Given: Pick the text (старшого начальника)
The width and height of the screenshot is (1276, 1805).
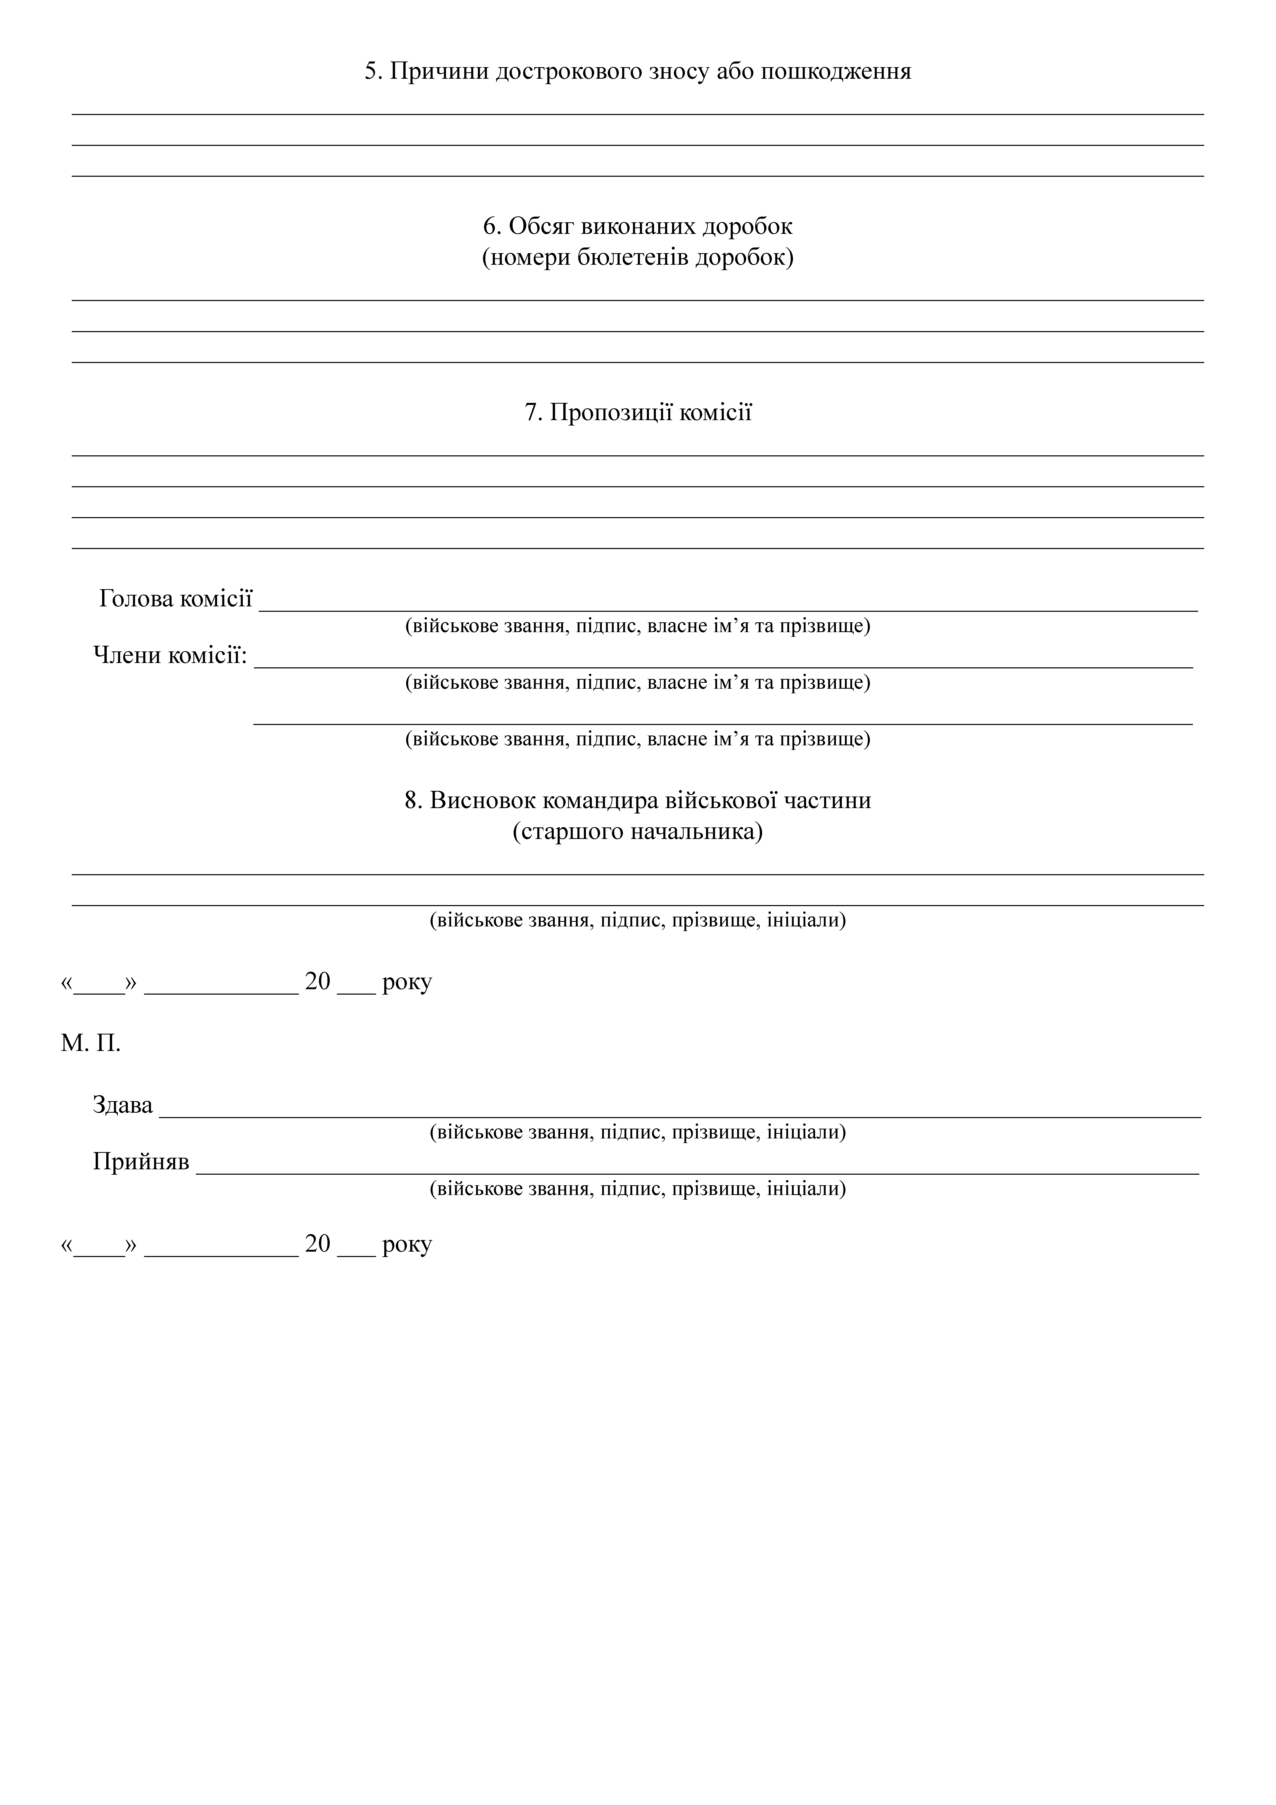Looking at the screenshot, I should click(x=638, y=832).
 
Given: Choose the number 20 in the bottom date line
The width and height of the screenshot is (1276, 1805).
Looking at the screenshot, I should click(x=318, y=1244).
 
